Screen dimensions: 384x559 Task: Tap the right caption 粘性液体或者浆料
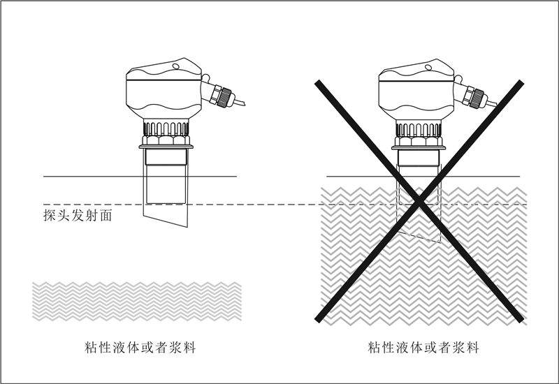pyautogui.click(x=424, y=346)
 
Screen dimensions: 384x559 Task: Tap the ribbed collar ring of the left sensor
pyautogui.click(x=166, y=128)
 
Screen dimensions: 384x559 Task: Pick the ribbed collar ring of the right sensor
pyautogui.click(x=419, y=128)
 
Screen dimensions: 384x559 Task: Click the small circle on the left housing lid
pyautogui.click(x=176, y=67)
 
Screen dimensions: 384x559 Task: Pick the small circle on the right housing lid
pyautogui.click(x=428, y=67)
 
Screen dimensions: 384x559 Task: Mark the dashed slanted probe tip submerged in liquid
pyautogui.click(x=419, y=234)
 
